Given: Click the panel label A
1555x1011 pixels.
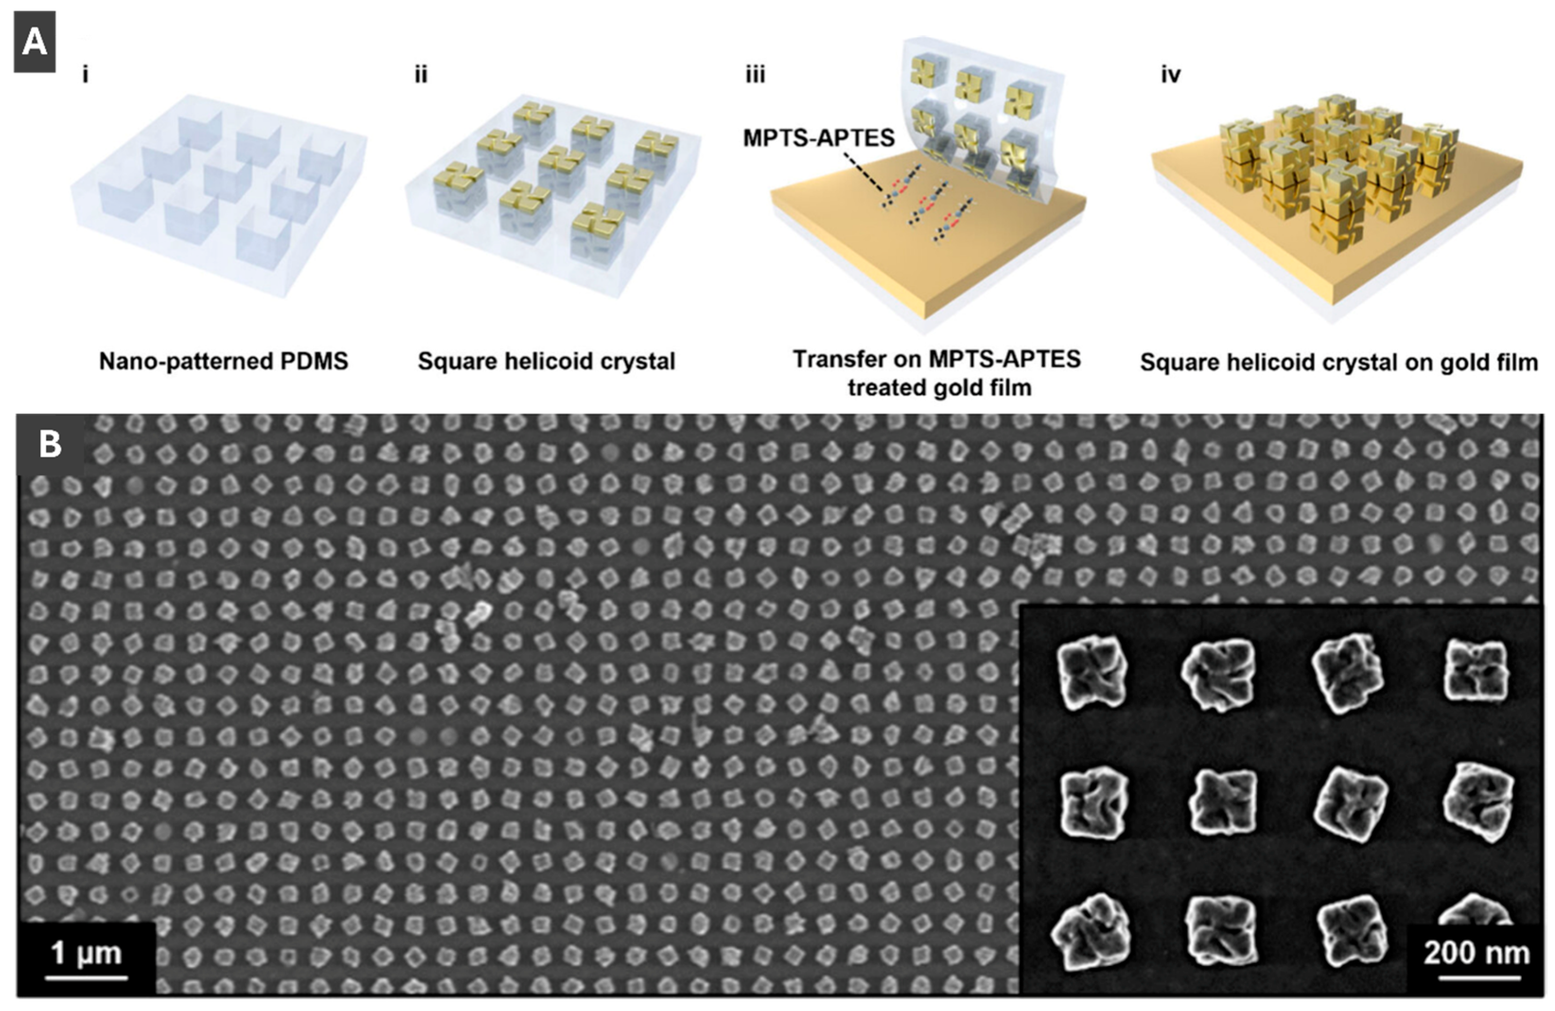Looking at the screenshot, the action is point(35,42).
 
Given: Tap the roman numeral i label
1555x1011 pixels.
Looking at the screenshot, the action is point(86,75).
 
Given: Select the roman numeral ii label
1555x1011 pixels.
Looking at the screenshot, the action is point(421,75).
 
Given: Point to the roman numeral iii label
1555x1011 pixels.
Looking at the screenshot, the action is point(755,75).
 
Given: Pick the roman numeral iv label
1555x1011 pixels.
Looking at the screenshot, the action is point(1170,75).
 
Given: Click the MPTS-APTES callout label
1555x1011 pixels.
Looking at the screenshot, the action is point(819,138).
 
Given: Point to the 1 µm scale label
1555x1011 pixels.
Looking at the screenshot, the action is point(86,953).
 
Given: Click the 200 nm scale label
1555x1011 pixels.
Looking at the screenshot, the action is point(1476,953).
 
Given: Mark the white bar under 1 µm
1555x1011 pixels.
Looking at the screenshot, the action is point(86,978).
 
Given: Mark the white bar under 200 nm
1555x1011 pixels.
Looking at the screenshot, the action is point(1479,978).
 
